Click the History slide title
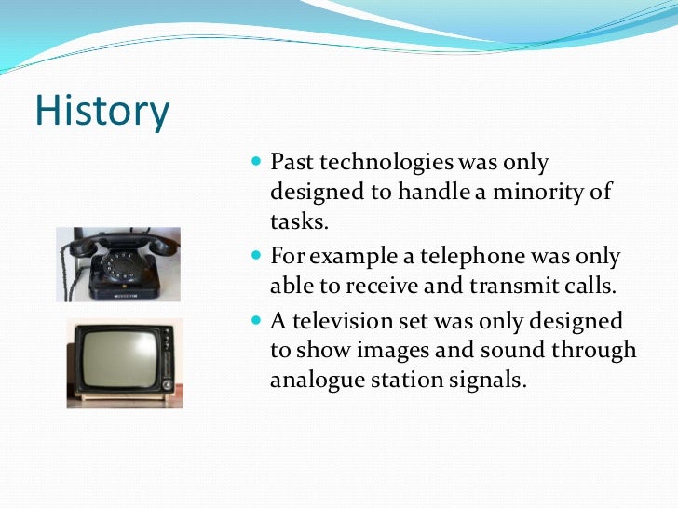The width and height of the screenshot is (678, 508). pyautogui.click(x=102, y=113)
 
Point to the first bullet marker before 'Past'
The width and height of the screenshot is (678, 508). pyautogui.click(x=258, y=163)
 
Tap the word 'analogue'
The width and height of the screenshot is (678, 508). pyautogui.click(x=314, y=381)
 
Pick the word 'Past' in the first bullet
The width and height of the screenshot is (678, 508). pyautogui.click(x=292, y=163)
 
